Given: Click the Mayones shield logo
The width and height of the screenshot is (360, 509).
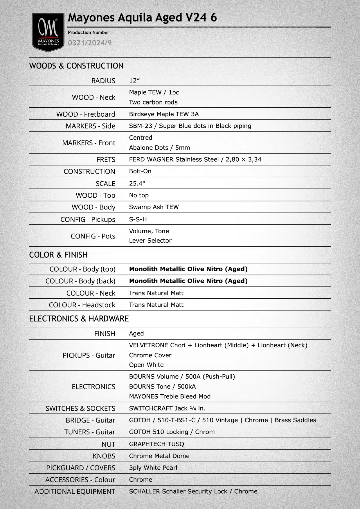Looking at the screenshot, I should (48, 32).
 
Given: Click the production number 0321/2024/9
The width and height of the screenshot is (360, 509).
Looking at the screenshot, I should (90, 43).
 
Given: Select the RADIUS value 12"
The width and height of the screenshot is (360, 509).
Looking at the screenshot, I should (134, 80).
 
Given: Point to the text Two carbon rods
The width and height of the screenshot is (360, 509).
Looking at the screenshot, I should (153, 102).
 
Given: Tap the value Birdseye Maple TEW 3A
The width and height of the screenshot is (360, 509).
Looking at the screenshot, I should (164, 114).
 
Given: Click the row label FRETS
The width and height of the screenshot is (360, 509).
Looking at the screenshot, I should (106, 160).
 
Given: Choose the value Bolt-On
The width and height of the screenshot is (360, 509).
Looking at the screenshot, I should (140, 171).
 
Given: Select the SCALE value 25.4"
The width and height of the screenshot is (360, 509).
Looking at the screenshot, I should (137, 183).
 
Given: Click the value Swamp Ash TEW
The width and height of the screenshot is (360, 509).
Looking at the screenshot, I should (154, 207).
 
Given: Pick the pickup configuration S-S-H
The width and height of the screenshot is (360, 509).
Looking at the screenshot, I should (138, 219).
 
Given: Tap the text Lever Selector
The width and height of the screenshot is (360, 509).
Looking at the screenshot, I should (150, 241).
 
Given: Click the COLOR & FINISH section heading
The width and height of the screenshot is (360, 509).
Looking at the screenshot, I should (58, 255).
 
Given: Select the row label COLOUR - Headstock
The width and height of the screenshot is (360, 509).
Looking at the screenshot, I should (82, 305).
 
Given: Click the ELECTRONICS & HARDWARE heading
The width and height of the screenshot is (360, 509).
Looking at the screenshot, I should (79, 319).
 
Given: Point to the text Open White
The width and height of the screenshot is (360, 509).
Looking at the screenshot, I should (146, 365).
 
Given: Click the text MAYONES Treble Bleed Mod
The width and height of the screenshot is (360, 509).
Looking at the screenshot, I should (170, 396).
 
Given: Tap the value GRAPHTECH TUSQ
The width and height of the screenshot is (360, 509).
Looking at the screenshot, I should (156, 444).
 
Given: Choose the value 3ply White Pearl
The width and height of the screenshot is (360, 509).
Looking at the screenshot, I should (153, 468).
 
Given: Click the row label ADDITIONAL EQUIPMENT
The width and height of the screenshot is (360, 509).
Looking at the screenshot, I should (75, 492).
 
